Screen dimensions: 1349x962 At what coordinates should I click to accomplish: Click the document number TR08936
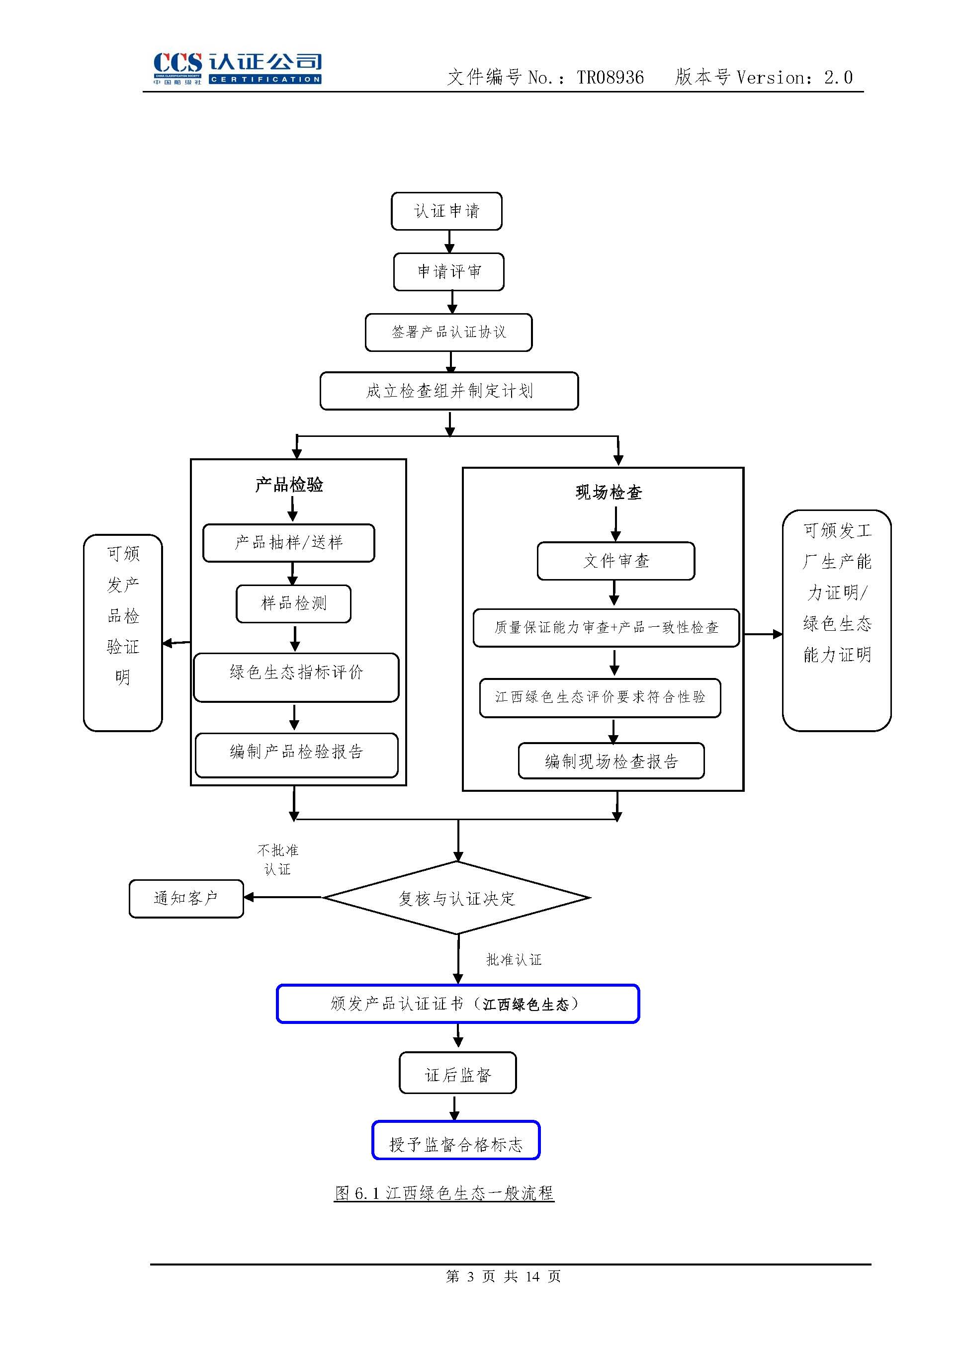click(610, 78)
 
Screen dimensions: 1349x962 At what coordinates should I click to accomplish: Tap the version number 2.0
click(838, 78)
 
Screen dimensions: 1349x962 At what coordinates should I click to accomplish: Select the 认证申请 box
click(446, 211)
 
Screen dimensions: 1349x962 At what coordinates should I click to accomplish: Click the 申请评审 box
click(448, 272)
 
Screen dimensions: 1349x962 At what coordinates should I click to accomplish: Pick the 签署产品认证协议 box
click(448, 332)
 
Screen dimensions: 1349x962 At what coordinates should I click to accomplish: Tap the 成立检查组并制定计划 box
click(448, 391)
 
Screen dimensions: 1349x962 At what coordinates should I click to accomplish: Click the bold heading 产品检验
click(289, 485)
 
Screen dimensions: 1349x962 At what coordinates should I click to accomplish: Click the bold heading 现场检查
click(609, 492)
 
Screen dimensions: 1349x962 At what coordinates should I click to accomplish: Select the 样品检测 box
click(293, 603)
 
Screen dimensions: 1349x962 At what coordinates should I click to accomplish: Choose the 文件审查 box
click(615, 561)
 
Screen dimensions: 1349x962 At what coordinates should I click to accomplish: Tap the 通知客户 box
click(186, 898)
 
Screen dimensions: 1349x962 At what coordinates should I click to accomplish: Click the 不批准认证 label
click(277, 859)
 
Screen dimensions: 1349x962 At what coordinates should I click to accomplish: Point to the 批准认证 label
click(514, 959)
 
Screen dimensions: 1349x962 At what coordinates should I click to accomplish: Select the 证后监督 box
click(457, 1075)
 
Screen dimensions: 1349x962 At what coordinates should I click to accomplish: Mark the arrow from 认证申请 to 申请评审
click(449, 242)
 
